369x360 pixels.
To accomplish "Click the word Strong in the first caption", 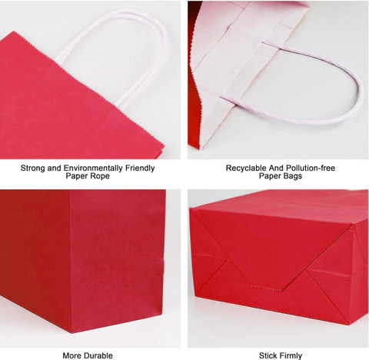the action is pyautogui.click(x=33, y=168).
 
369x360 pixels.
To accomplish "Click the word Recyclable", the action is pyautogui.click(x=246, y=168).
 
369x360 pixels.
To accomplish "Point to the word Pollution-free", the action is pyautogui.click(x=311, y=168).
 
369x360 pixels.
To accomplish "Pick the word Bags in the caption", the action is pyautogui.click(x=292, y=176).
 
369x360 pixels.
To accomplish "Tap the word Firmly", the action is pyautogui.click(x=291, y=355).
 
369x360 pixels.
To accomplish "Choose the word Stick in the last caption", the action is pyautogui.click(x=268, y=355).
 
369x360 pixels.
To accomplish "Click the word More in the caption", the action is pyautogui.click(x=71, y=355).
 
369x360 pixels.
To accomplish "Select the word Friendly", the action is pyautogui.click(x=140, y=168).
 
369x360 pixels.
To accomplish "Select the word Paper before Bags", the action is pyautogui.click(x=269, y=176).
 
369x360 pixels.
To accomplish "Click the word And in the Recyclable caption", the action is pyautogui.click(x=276, y=168).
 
